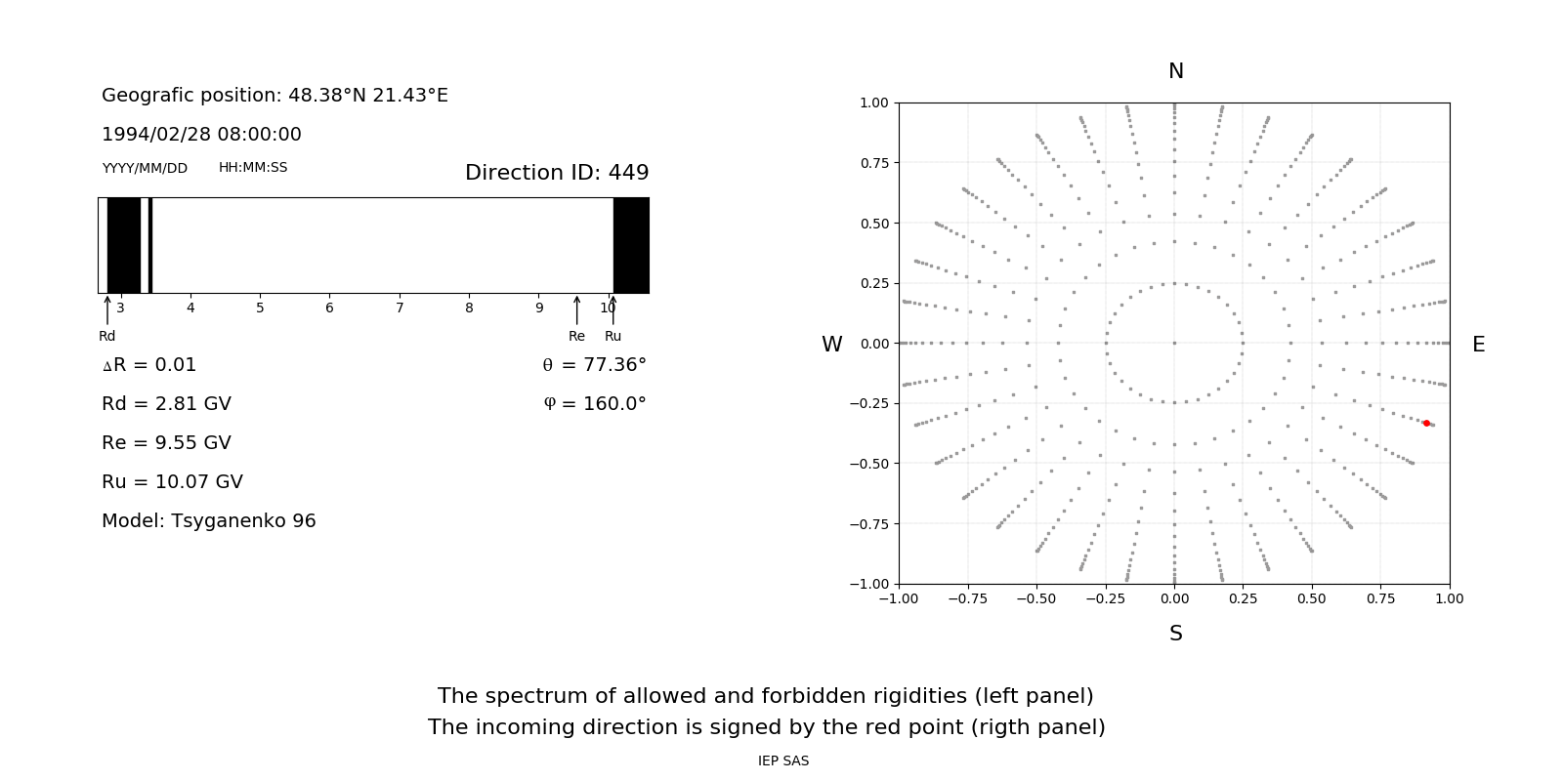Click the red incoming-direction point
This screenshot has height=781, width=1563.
pyautogui.click(x=1426, y=423)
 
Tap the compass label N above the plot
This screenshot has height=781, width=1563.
pyautogui.click(x=1175, y=71)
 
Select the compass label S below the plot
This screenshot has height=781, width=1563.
pyautogui.click(x=1175, y=634)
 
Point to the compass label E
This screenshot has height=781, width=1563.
pyautogui.click(x=1478, y=345)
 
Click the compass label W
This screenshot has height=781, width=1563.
pyautogui.click(x=831, y=345)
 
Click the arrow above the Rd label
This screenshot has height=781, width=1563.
pyautogui.click(x=107, y=309)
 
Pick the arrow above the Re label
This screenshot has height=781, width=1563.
pyautogui.click(x=576, y=309)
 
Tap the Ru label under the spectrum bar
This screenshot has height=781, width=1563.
pyautogui.click(x=613, y=337)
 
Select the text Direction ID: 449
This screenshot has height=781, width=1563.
pyautogui.click(x=557, y=173)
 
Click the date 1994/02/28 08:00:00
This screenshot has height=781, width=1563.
pyautogui.click(x=201, y=135)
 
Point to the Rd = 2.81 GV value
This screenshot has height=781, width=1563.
pyautogui.click(x=166, y=404)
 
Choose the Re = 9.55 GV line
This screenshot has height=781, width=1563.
pyautogui.click(x=166, y=443)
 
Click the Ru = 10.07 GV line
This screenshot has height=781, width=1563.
pyautogui.click(x=172, y=482)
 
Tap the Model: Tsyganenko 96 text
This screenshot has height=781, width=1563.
pyautogui.click(x=208, y=521)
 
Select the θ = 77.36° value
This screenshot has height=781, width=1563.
pyautogui.click(x=594, y=365)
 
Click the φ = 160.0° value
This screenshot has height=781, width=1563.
pyautogui.click(x=595, y=404)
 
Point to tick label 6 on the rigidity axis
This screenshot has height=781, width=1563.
pyautogui.click(x=329, y=308)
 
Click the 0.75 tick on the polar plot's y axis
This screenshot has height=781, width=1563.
pyautogui.click(x=873, y=163)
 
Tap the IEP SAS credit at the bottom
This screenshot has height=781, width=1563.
pyautogui.click(x=782, y=761)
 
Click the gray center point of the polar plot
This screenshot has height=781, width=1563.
pyautogui.click(x=1174, y=343)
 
